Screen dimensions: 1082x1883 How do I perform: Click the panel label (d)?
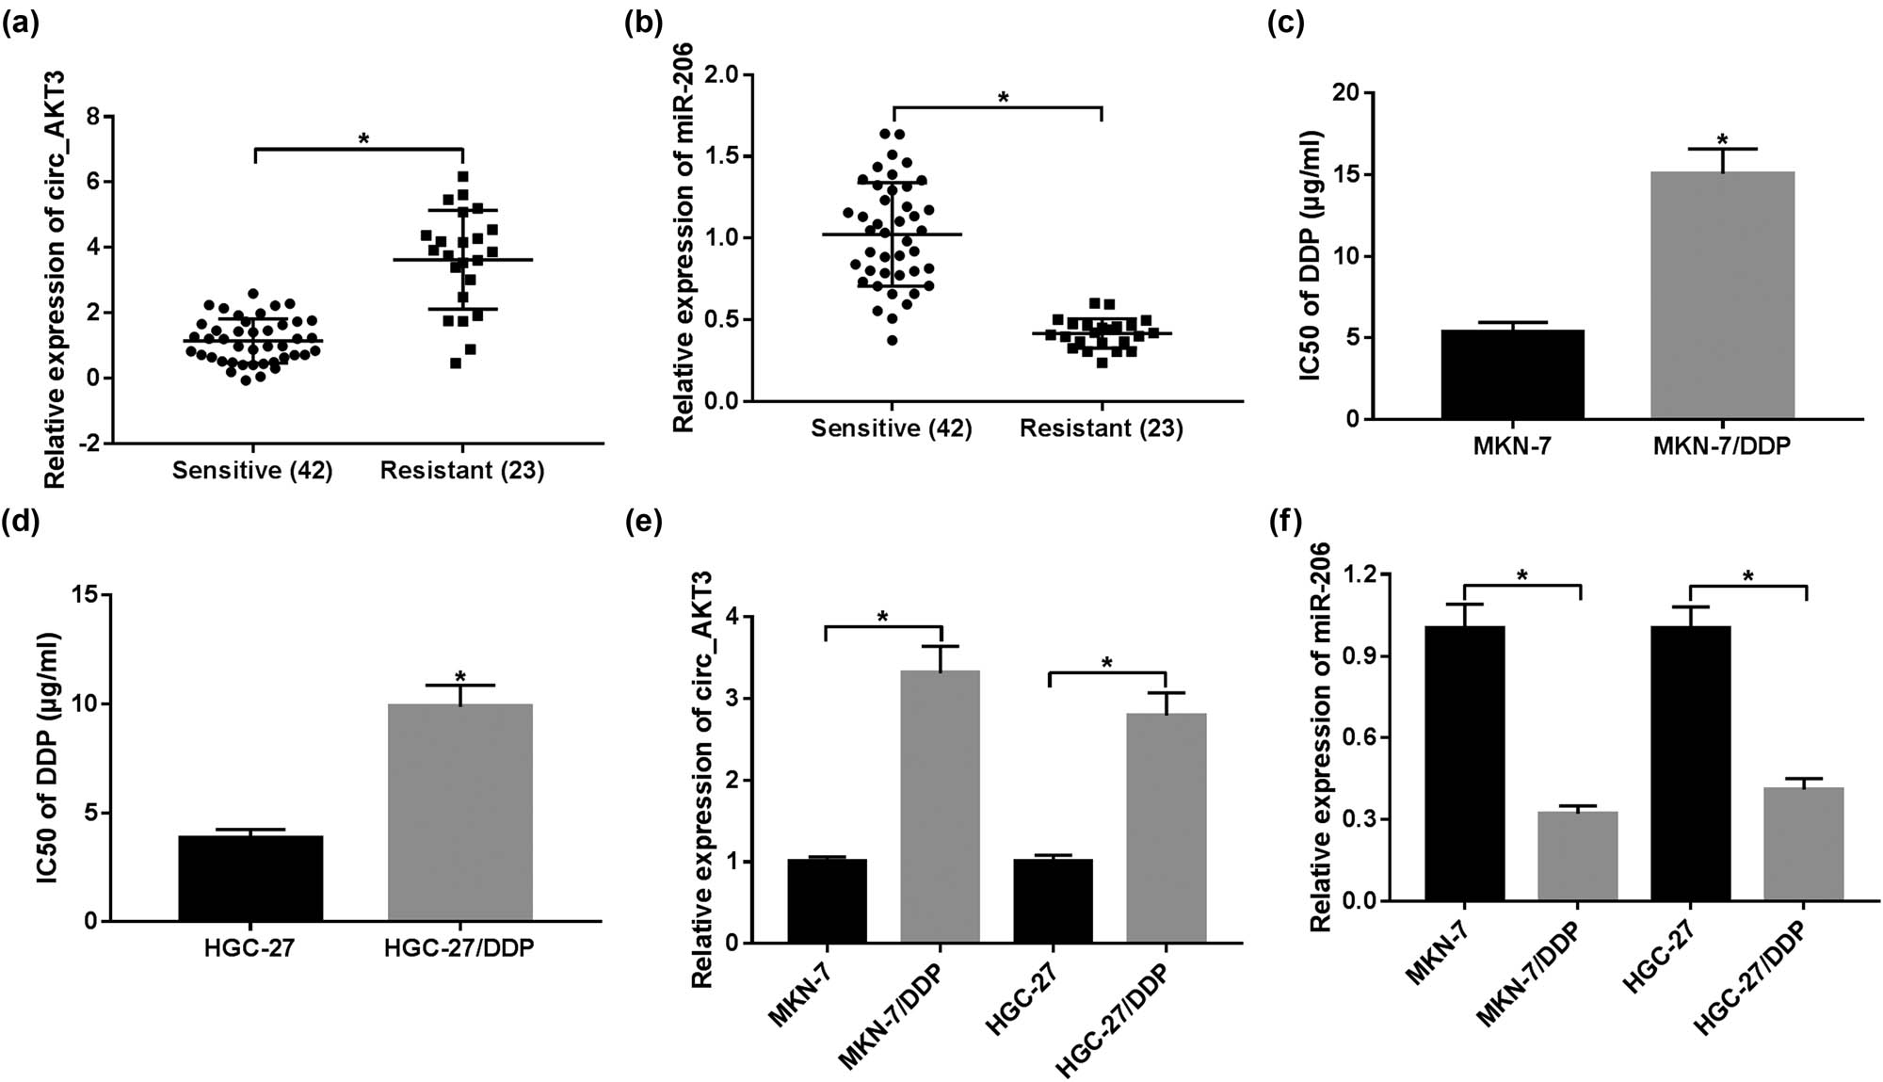click(x=21, y=519)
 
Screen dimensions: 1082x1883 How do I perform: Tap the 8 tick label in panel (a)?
click(x=93, y=117)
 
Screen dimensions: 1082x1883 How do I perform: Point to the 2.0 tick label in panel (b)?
click(x=720, y=74)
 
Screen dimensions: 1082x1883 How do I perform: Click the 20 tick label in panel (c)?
click(x=1346, y=93)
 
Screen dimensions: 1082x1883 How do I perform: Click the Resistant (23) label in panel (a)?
click(x=461, y=470)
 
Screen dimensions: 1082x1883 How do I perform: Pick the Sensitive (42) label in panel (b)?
click(x=891, y=428)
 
